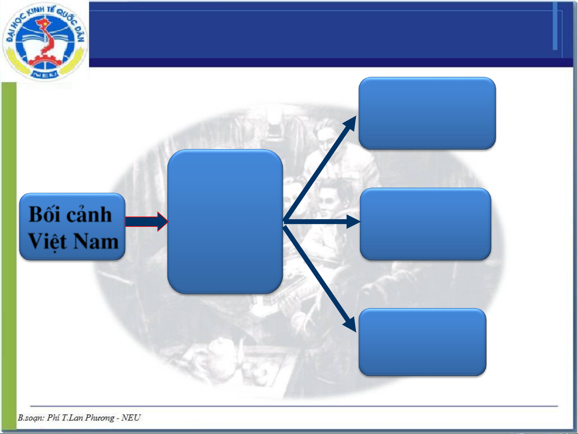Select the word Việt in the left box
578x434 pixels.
click(x=47, y=241)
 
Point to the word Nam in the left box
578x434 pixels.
click(x=96, y=241)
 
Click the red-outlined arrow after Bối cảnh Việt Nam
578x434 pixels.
click(x=146, y=222)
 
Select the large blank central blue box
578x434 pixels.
click(x=225, y=222)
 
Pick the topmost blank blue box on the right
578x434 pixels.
click(x=427, y=113)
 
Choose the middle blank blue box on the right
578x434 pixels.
click(x=425, y=224)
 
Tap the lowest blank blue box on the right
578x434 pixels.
click(x=422, y=342)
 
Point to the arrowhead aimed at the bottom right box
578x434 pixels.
click(x=350, y=323)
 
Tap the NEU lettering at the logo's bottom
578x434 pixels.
click(x=45, y=74)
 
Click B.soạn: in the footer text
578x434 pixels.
click(x=31, y=418)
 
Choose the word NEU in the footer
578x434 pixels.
click(x=131, y=418)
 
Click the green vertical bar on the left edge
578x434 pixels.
click(x=9, y=257)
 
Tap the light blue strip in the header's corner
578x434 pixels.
click(x=555, y=26)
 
